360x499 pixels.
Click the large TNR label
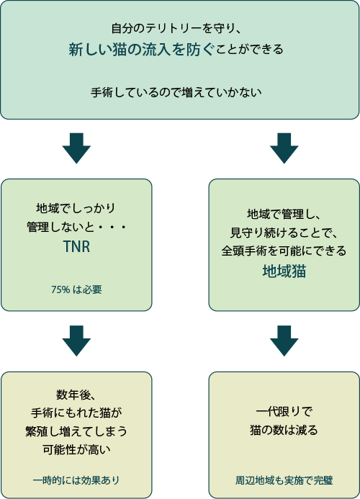coord(76,249)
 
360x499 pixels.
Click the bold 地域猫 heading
coord(284,271)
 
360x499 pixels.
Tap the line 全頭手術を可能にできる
coord(284,251)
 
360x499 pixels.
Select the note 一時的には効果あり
coord(76,480)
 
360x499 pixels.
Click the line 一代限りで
coord(284,412)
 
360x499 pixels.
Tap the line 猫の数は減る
coord(284,431)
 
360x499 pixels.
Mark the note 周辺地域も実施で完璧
coord(284,480)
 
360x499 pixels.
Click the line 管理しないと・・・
coord(76,228)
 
